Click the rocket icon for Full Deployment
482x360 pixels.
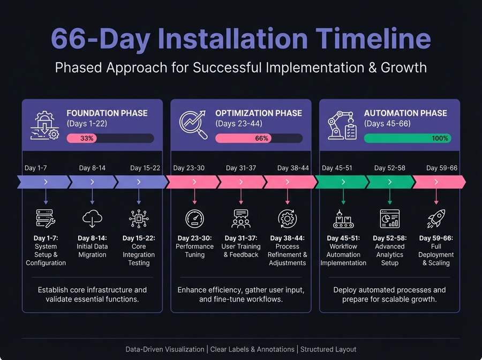(x=436, y=219)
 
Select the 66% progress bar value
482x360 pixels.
(x=261, y=138)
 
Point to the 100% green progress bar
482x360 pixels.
(x=407, y=138)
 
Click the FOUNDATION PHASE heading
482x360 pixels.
(x=107, y=113)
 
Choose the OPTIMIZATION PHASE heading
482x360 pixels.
(x=259, y=113)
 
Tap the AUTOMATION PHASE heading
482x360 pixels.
(x=405, y=113)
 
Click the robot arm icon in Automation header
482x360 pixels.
(x=342, y=125)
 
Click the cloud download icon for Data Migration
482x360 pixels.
(x=92, y=219)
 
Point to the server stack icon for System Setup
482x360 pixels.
(x=46, y=219)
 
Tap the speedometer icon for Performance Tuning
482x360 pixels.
(x=194, y=219)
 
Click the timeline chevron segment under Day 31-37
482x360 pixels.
(x=241, y=182)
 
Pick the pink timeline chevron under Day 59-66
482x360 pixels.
(x=436, y=182)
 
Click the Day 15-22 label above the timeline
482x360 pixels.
(x=145, y=168)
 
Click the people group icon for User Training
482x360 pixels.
(x=241, y=219)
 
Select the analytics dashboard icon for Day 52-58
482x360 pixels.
(x=389, y=219)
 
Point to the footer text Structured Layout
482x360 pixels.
(x=328, y=349)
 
